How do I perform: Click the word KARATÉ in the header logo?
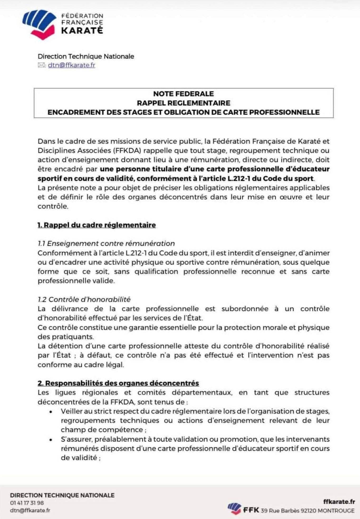[x=82, y=31]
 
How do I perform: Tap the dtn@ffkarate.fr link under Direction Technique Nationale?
[x=71, y=65]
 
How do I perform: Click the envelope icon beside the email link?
[x=41, y=65]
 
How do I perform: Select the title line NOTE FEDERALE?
[x=184, y=94]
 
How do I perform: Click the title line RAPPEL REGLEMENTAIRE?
[x=184, y=103]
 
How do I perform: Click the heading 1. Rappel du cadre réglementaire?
[x=97, y=225]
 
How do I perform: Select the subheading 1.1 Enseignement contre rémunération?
[x=106, y=244]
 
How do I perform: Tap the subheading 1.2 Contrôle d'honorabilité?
[x=84, y=299]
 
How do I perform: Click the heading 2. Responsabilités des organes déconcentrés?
[x=118, y=383]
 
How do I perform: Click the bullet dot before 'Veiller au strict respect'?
[x=51, y=411]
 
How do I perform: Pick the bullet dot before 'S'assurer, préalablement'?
[x=51, y=440]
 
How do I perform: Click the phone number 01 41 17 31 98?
[x=27, y=503]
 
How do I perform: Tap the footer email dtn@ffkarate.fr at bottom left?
[x=30, y=510]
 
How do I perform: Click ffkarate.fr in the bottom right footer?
[x=339, y=502]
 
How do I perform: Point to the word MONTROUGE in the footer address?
[x=336, y=511]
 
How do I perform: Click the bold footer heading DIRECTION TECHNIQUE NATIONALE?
[x=62, y=495]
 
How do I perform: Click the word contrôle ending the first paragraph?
[x=52, y=206]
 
